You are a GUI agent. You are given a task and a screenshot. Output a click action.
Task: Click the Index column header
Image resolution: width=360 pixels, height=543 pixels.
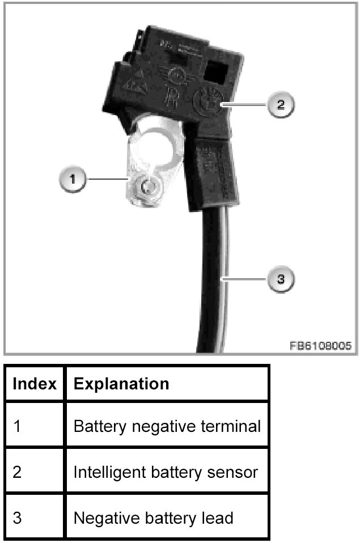[x=35, y=384]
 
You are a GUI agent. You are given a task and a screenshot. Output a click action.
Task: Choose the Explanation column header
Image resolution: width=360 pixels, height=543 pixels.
[x=121, y=384]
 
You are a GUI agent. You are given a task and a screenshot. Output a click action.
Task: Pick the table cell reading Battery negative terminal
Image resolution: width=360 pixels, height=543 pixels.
[x=167, y=425]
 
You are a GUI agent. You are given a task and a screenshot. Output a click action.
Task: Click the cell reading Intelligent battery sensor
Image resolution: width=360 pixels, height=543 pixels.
[x=166, y=472]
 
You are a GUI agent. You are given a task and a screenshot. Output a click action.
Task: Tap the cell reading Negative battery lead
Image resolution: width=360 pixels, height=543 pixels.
[x=153, y=517]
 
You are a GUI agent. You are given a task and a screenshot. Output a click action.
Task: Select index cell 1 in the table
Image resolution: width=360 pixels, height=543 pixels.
[x=16, y=425]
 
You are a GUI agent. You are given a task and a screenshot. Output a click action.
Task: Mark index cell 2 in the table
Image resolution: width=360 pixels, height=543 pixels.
[x=16, y=472]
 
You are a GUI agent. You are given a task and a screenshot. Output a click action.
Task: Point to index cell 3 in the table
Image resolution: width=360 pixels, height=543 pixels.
[x=16, y=517]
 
